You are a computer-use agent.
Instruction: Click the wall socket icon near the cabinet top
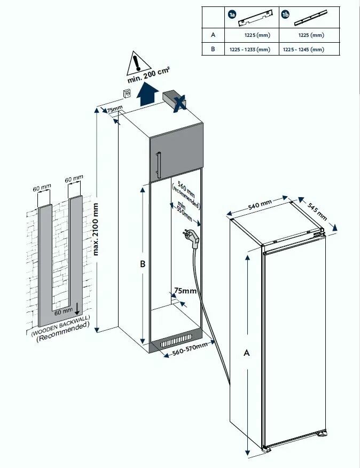pyautogui.click(x=127, y=93)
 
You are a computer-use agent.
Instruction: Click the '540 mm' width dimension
pyautogui.click(x=260, y=206)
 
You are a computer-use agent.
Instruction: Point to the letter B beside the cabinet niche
pyautogui.click(x=143, y=264)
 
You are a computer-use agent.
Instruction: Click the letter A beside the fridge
pyautogui.click(x=246, y=352)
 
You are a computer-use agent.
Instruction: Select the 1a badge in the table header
pyautogui.click(x=232, y=15)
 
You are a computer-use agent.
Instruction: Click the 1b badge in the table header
pyautogui.click(x=285, y=15)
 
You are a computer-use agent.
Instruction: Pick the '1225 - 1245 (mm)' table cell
pyautogui.click(x=303, y=49)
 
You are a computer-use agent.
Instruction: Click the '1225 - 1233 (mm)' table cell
pyautogui.click(x=249, y=49)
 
